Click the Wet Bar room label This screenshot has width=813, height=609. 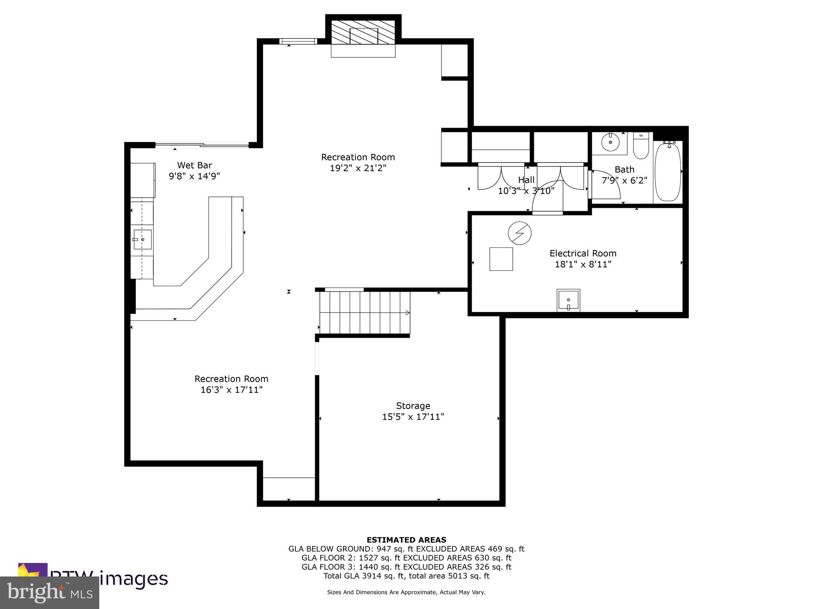click(194, 165)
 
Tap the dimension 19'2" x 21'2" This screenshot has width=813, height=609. click(358, 168)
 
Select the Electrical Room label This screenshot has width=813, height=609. click(582, 253)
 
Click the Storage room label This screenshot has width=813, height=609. click(413, 406)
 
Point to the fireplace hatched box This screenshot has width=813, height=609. click(363, 32)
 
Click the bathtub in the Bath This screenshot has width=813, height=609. click(668, 172)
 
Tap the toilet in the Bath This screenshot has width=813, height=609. click(640, 146)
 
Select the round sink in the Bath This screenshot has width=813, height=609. click(610, 142)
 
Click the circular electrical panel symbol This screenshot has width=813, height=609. click(520, 233)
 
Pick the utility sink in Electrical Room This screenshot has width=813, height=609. click(568, 300)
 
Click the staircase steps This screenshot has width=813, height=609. click(364, 313)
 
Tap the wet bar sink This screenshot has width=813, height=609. click(142, 239)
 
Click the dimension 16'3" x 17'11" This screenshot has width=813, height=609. click(231, 390)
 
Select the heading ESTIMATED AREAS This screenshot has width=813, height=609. click(406, 540)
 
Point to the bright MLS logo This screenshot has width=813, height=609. click(50, 593)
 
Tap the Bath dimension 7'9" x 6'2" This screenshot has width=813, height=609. click(624, 180)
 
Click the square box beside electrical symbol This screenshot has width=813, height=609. click(501, 259)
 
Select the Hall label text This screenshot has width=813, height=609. click(526, 180)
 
